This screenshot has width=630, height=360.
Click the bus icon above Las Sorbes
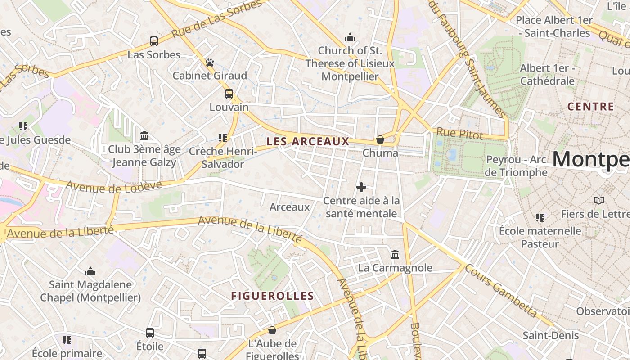click(x=154, y=41)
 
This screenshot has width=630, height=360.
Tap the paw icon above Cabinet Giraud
click(x=210, y=63)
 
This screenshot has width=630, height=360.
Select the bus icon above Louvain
click(x=229, y=94)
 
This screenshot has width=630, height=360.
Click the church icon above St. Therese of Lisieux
click(x=350, y=37)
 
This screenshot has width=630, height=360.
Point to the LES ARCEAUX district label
click(x=308, y=141)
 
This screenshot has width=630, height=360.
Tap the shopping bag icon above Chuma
click(x=380, y=139)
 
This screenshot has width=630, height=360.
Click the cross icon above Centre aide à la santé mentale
click(x=361, y=187)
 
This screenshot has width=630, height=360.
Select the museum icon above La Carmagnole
click(x=395, y=255)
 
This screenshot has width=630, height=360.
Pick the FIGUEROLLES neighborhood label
click(x=272, y=296)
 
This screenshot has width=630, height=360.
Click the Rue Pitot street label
click(x=459, y=134)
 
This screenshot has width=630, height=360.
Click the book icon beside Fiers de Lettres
click(x=598, y=200)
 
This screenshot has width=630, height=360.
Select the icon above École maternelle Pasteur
click(x=540, y=218)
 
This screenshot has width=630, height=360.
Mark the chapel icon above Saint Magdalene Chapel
click(x=90, y=271)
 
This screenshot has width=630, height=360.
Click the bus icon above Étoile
click(x=150, y=333)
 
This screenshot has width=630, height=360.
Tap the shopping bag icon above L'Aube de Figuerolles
click(x=272, y=331)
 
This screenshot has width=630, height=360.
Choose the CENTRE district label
click(x=590, y=107)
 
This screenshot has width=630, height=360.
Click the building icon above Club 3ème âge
click(x=144, y=135)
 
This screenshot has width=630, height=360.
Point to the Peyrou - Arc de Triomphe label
click(x=517, y=166)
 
